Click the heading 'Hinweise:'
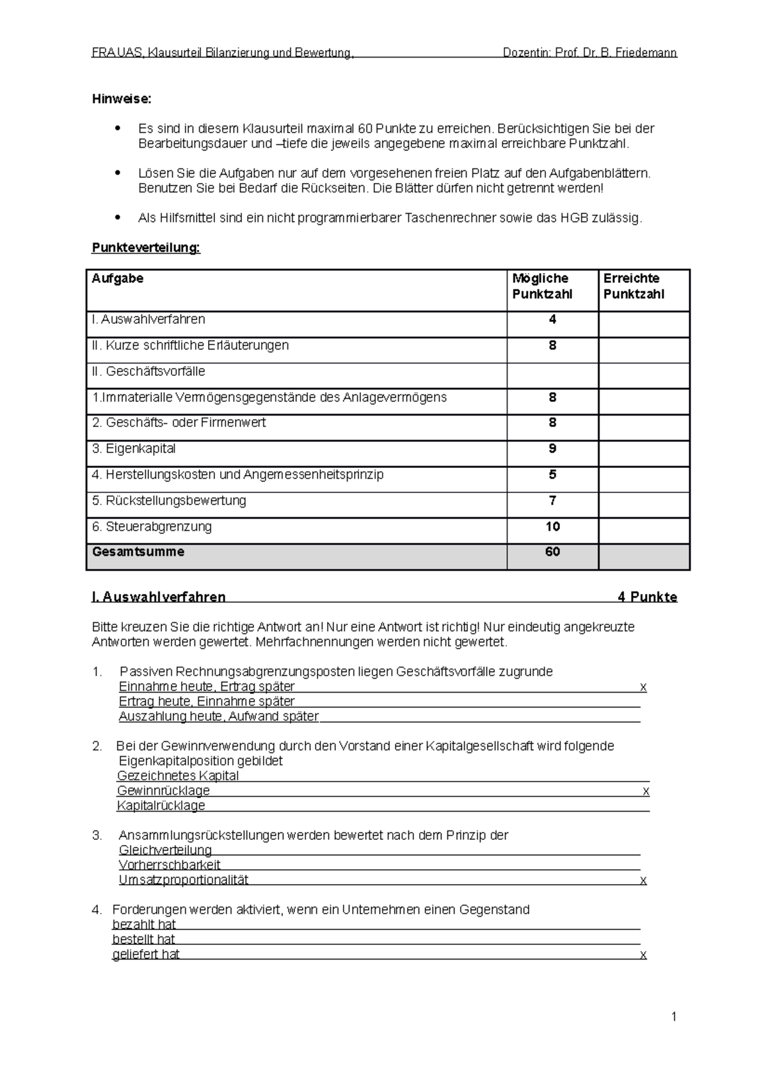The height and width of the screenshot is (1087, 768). pyautogui.click(x=122, y=99)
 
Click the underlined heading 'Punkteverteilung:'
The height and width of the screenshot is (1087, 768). pyautogui.click(x=146, y=248)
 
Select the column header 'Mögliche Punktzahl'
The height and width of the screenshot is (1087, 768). pyautogui.click(x=541, y=286)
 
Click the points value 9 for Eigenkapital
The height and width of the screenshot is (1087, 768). pyautogui.click(x=552, y=449)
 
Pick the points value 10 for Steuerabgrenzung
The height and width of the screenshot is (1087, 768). pyautogui.click(x=552, y=527)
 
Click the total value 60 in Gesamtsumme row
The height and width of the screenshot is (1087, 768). pyautogui.click(x=552, y=552)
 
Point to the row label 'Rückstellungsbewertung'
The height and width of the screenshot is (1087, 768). pyautogui.click(x=169, y=501)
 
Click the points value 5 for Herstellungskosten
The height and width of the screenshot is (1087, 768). pyautogui.click(x=552, y=475)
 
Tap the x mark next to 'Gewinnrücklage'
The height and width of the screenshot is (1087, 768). pyautogui.click(x=646, y=791)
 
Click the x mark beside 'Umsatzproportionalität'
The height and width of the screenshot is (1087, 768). pyautogui.click(x=643, y=880)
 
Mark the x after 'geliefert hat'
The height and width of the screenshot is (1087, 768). pyautogui.click(x=643, y=955)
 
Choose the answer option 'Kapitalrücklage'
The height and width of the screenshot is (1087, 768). pyautogui.click(x=161, y=806)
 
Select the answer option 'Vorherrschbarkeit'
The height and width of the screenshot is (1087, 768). pyautogui.click(x=170, y=866)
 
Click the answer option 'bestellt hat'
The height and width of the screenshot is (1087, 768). pyautogui.click(x=143, y=940)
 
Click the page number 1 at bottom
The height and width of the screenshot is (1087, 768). pyautogui.click(x=674, y=1017)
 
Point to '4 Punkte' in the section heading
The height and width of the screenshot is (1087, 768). pyautogui.click(x=647, y=597)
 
